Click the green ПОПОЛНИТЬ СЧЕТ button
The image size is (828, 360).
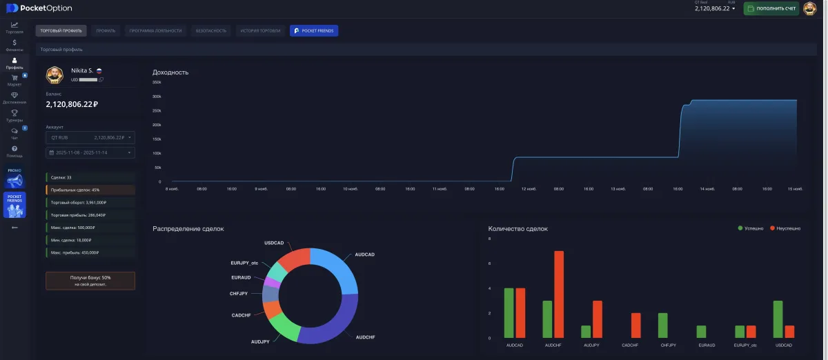[771, 8]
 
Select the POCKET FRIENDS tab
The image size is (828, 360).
[314, 31]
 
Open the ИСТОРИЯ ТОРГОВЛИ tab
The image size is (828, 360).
[260, 31]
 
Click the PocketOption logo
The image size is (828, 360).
[39, 8]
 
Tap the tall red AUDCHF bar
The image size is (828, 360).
[559, 294]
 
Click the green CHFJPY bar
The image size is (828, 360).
[662, 326]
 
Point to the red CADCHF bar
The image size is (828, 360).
[635, 326]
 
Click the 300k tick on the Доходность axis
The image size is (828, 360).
[157, 97]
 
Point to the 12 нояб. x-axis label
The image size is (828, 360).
[528, 188]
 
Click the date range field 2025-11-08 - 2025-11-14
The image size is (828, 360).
[90, 152]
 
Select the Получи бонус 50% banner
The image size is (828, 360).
[90, 280]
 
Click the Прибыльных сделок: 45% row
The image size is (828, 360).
[90, 190]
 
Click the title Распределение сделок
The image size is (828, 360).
[188, 228]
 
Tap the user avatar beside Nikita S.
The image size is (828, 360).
[55, 74]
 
